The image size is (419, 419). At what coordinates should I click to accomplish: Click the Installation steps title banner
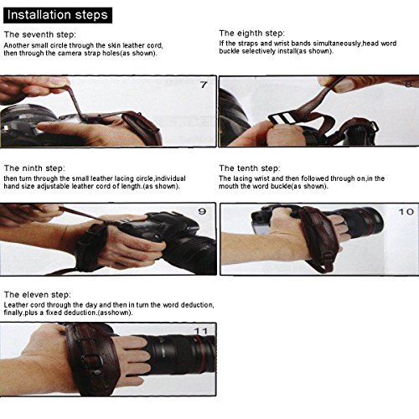pyautogui.click(x=58, y=15)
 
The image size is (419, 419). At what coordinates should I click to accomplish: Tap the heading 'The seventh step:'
pyautogui.click(x=40, y=34)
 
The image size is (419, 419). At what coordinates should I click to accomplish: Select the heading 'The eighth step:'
pyautogui.click(x=251, y=34)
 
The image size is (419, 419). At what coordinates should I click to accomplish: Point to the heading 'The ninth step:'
pyautogui.click(x=34, y=168)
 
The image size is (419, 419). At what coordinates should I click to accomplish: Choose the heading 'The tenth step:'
pyautogui.click(x=250, y=168)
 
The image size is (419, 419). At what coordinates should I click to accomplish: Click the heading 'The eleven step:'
pyautogui.click(x=38, y=295)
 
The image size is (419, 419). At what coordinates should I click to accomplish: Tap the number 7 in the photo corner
pyautogui.click(x=204, y=85)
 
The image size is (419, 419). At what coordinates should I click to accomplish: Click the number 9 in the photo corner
pyautogui.click(x=202, y=211)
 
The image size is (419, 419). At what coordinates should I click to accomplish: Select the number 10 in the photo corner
pyautogui.click(x=406, y=212)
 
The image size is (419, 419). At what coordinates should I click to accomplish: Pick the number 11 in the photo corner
pyautogui.click(x=201, y=331)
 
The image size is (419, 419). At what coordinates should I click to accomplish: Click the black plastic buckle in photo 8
pyautogui.click(x=282, y=119)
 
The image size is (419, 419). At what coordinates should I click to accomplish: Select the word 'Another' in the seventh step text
pyautogui.click(x=17, y=45)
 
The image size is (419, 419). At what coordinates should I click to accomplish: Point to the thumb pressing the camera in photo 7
pyautogui.click(x=60, y=127)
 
